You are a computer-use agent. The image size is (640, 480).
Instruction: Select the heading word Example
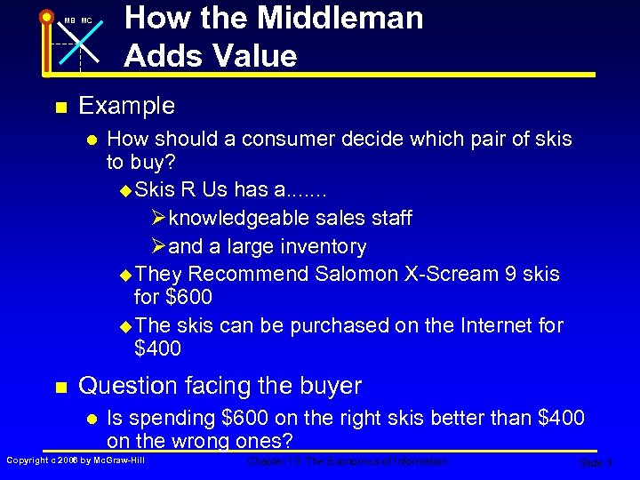click(x=127, y=106)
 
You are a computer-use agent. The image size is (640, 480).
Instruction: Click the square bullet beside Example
click(x=60, y=108)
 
